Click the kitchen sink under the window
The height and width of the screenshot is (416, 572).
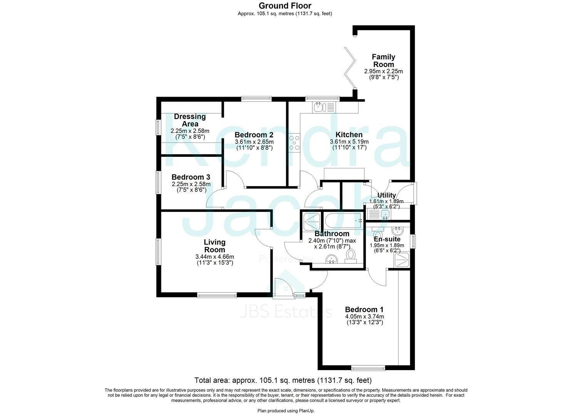(320, 107)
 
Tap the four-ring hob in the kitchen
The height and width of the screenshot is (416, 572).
(295, 142)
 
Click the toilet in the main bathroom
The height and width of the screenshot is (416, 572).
(351, 255)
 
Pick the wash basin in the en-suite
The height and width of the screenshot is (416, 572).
(396, 231)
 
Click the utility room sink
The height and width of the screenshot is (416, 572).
(384, 214)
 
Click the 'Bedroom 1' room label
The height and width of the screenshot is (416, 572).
(364, 309)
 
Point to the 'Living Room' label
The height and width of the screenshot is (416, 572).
(215, 246)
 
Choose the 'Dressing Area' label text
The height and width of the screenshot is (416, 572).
(190, 120)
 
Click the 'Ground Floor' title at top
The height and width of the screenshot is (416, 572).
(285, 5)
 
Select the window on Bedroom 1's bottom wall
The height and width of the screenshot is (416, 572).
(368, 367)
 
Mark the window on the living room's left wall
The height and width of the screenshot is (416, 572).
(158, 252)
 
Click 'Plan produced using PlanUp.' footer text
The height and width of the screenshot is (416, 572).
(286, 411)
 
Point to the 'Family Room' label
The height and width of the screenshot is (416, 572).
(383, 60)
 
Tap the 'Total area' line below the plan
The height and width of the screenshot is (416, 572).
(283, 381)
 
